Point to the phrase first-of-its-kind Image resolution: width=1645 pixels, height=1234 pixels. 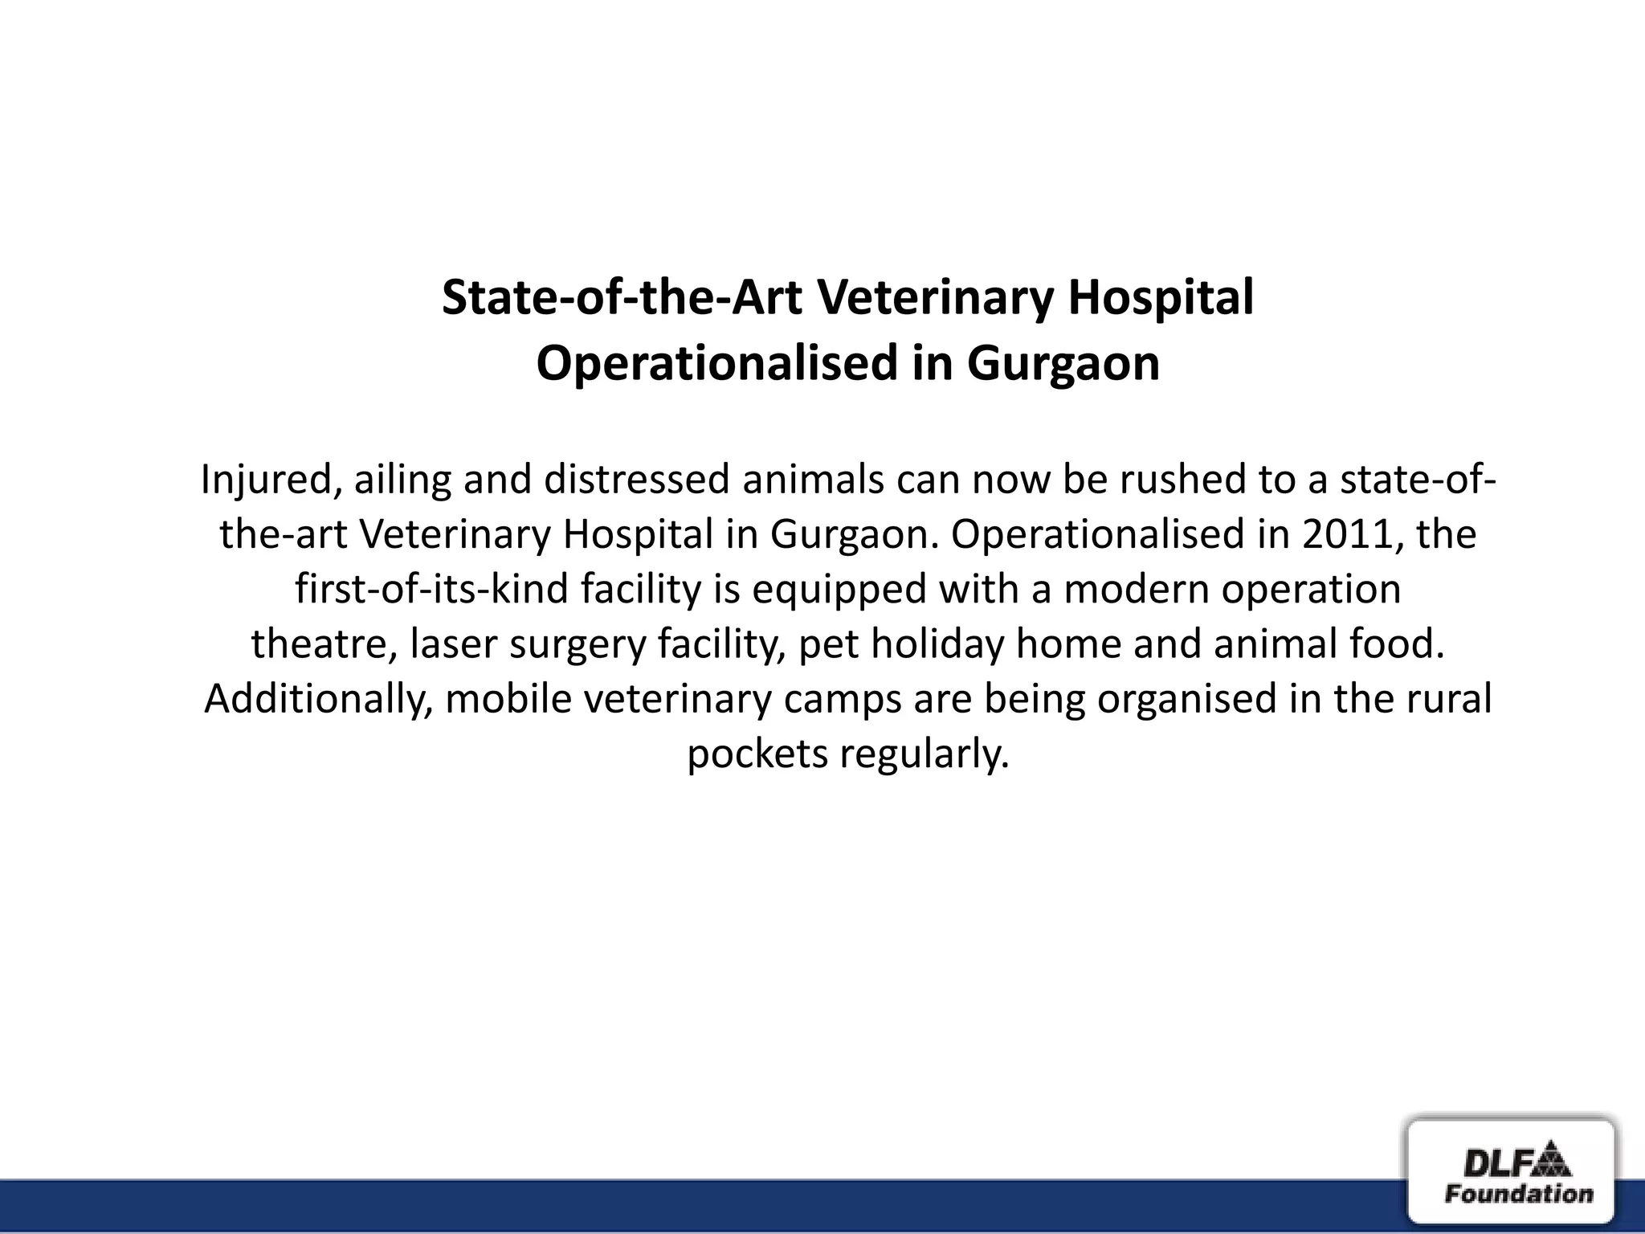click(x=431, y=589)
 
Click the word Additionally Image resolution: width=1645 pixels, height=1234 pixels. click(x=319, y=699)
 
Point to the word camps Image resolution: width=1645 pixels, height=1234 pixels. click(x=843, y=700)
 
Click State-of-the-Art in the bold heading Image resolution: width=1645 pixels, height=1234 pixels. click(x=622, y=297)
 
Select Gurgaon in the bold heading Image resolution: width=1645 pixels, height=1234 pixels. click(x=1063, y=364)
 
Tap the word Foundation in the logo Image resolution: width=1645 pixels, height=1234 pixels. click(x=1519, y=1193)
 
